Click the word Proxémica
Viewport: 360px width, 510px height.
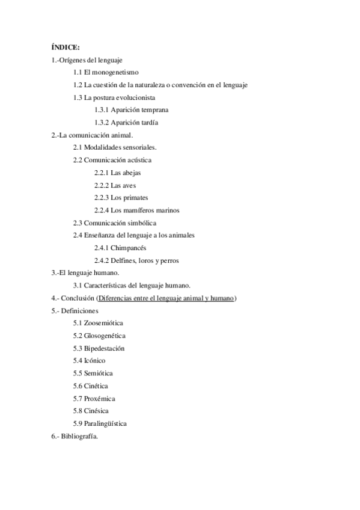click(x=100, y=398)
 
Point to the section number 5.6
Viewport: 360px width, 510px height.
click(x=78, y=386)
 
